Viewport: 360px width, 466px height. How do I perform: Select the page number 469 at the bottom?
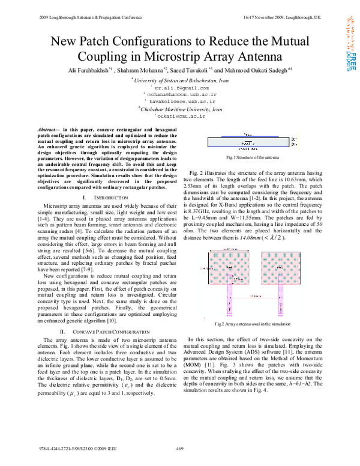(x=179, y=448)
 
